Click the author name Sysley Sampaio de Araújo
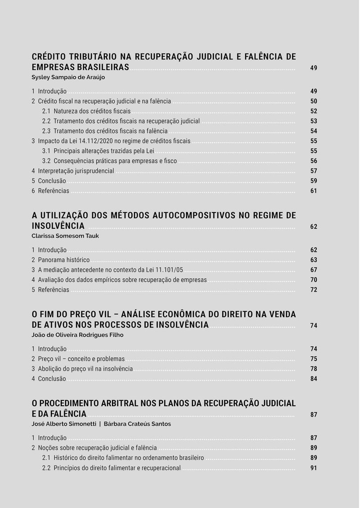tap(68, 77)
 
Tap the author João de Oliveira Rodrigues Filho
tap(77, 335)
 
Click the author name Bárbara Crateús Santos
tap(137, 424)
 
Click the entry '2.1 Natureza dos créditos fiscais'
tap(86, 111)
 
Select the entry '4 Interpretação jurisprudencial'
tap(73, 171)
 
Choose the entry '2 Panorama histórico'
tap(61, 260)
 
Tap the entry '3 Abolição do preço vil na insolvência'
tap(82, 368)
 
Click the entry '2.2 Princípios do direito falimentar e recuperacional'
tap(112, 468)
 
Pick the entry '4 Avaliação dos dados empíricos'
tap(119, 280)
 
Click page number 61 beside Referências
tap(314, 191)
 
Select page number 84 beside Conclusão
tap(314, 379)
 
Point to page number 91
tap(314, 468)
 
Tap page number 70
tap(314, 280)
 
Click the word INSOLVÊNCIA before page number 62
tap(58, 226)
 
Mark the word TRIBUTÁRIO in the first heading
tap(93, 57)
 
